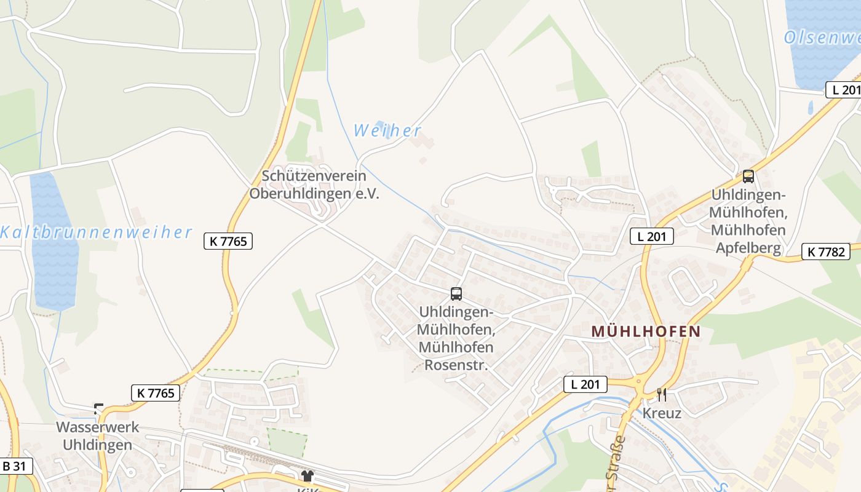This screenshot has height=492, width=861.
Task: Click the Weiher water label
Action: point(387,130)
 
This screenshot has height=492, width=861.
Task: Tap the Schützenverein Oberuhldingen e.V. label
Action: point(314,184)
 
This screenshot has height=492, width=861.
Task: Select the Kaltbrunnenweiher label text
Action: point(96,232)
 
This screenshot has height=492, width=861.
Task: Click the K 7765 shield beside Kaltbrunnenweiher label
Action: point(228,242)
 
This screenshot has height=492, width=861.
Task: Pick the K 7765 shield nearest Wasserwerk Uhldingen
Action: point(156,393)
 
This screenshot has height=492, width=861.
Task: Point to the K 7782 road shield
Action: point(826,251)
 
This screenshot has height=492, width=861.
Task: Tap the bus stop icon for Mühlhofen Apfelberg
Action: point(748,177)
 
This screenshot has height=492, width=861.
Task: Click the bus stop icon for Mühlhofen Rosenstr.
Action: point(456,294)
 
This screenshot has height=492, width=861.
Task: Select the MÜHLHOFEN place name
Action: point(646,331)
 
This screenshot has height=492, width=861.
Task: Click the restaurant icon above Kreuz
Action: point(662,394)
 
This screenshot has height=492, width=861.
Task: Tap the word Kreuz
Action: point(662,413)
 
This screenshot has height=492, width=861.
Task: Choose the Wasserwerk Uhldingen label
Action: point(98,435)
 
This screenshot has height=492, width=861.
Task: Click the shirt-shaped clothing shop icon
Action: point(307,475)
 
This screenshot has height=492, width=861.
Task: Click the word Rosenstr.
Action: point(456,365)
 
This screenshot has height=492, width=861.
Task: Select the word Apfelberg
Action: point(748,248)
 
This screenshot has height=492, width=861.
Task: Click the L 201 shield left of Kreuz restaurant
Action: point(585,385)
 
